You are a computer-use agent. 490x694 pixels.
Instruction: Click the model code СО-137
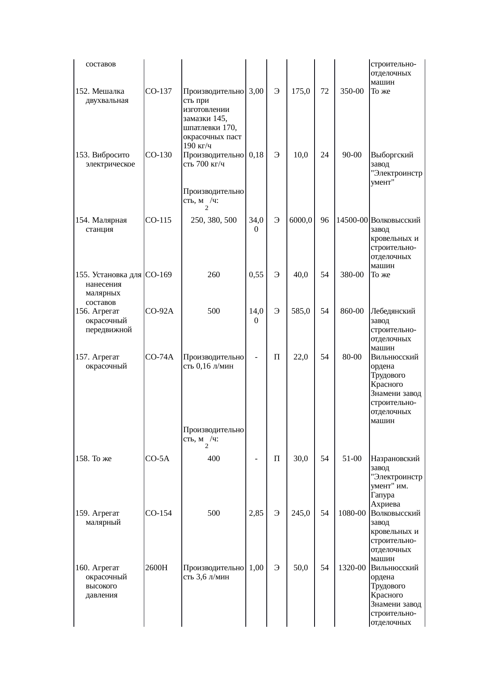158,91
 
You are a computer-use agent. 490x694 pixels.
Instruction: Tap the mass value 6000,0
301,220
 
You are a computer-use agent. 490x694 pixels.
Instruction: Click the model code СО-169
158,275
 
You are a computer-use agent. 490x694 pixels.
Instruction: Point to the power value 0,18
256,155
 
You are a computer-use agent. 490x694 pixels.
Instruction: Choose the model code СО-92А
160,311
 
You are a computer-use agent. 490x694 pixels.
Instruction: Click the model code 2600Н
156,568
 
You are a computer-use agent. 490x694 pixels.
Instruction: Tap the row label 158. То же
93,459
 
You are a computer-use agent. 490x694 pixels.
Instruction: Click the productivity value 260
214,275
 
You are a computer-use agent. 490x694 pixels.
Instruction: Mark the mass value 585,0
301,311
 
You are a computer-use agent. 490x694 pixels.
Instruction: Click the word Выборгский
392,155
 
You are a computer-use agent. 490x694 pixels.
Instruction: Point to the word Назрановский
395,459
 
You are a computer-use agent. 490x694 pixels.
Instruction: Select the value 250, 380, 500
214,220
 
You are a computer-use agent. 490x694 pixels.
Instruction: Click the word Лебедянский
393,311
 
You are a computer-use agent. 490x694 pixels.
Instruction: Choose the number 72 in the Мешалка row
324,91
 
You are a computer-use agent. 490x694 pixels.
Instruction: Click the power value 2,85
256,513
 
